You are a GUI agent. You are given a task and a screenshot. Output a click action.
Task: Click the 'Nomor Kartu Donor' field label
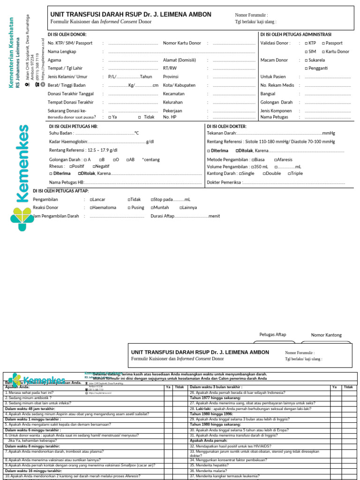[182, 43]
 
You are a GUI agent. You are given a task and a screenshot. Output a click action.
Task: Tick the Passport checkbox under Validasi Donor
[323, 43]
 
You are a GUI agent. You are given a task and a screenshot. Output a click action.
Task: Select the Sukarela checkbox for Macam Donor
[307, 60]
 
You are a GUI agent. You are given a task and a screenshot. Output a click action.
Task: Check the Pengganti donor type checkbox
[307, 68]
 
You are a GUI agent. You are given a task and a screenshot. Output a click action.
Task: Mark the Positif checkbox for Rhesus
[71, 166]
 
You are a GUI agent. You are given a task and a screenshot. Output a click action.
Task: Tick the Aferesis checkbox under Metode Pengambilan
[276, 160]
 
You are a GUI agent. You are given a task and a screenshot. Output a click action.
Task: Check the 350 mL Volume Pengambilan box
[252, 166]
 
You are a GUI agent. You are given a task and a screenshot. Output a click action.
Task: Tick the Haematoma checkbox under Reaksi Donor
[91, 208]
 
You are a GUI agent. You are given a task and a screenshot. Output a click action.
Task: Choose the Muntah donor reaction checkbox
[152, 208]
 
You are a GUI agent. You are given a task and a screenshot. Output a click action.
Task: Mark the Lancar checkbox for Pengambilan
[91, 200]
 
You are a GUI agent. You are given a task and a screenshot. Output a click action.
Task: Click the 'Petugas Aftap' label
[272, 335]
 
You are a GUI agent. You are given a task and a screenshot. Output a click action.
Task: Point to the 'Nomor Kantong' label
[326, 335]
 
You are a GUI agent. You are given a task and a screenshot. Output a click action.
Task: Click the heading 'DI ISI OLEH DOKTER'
[226, 127]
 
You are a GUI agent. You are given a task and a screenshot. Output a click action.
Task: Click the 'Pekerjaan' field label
[172, 111]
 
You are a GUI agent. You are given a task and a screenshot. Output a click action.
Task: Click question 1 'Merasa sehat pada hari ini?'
[29, 392]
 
